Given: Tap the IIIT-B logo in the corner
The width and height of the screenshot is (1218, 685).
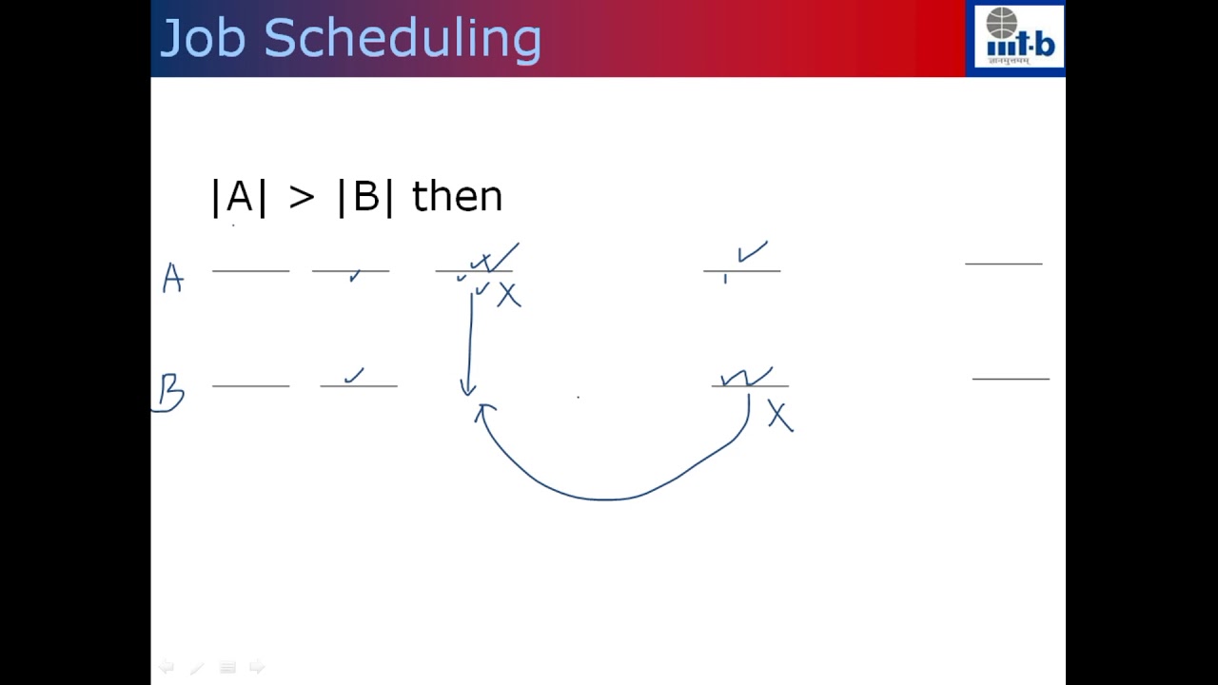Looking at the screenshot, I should pos(1015,38).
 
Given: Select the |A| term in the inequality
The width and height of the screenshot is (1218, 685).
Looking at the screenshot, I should pos(239,197).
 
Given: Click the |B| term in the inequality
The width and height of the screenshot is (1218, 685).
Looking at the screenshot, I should pos(365,197).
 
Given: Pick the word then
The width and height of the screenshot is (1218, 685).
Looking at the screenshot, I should pos(457,197).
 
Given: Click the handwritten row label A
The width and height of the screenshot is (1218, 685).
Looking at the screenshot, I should pos(172,278).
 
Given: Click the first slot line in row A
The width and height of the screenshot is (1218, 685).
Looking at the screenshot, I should pos(250,271).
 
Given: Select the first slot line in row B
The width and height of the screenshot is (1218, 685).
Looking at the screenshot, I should pos(250,386).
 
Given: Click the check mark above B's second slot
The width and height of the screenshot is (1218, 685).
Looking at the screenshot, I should pos(354,376).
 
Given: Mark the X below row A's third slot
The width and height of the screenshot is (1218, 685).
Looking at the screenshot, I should pos(509,296).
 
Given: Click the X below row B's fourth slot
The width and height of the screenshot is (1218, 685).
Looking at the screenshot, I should pos(779,417).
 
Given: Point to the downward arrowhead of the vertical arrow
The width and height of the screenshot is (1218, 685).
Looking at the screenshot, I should pos(467,389).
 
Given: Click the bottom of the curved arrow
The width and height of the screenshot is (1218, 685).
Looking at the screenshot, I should pos(604,498).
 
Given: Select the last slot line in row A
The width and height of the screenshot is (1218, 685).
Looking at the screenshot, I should pos(1003,263).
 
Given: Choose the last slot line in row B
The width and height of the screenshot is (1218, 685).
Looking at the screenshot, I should pos(1011,379).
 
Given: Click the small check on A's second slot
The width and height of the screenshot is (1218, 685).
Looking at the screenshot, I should pos(355,276).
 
